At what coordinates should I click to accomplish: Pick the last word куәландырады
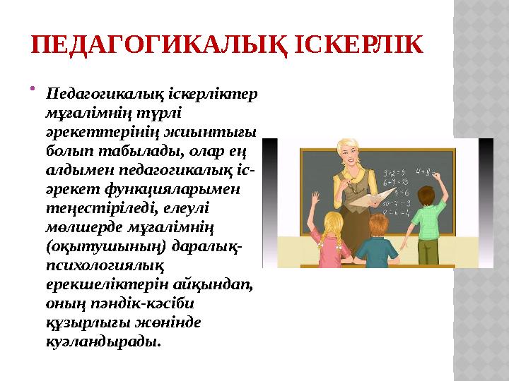tap(102, 341)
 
